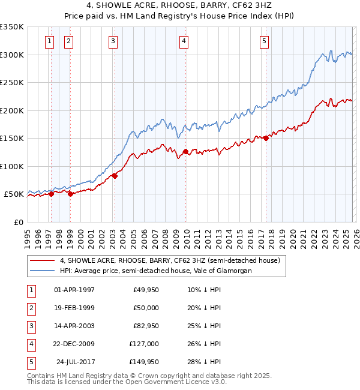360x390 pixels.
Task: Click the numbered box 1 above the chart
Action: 49,41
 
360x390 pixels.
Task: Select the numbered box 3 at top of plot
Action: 113,41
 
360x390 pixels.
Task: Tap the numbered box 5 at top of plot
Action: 264,41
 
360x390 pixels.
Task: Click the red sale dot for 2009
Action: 185,151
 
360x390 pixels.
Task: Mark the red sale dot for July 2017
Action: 266,138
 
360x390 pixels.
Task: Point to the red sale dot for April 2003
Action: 115,176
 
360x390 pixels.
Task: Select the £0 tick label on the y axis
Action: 18,223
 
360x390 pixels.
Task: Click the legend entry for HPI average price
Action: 155,271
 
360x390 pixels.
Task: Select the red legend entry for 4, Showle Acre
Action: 169,261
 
